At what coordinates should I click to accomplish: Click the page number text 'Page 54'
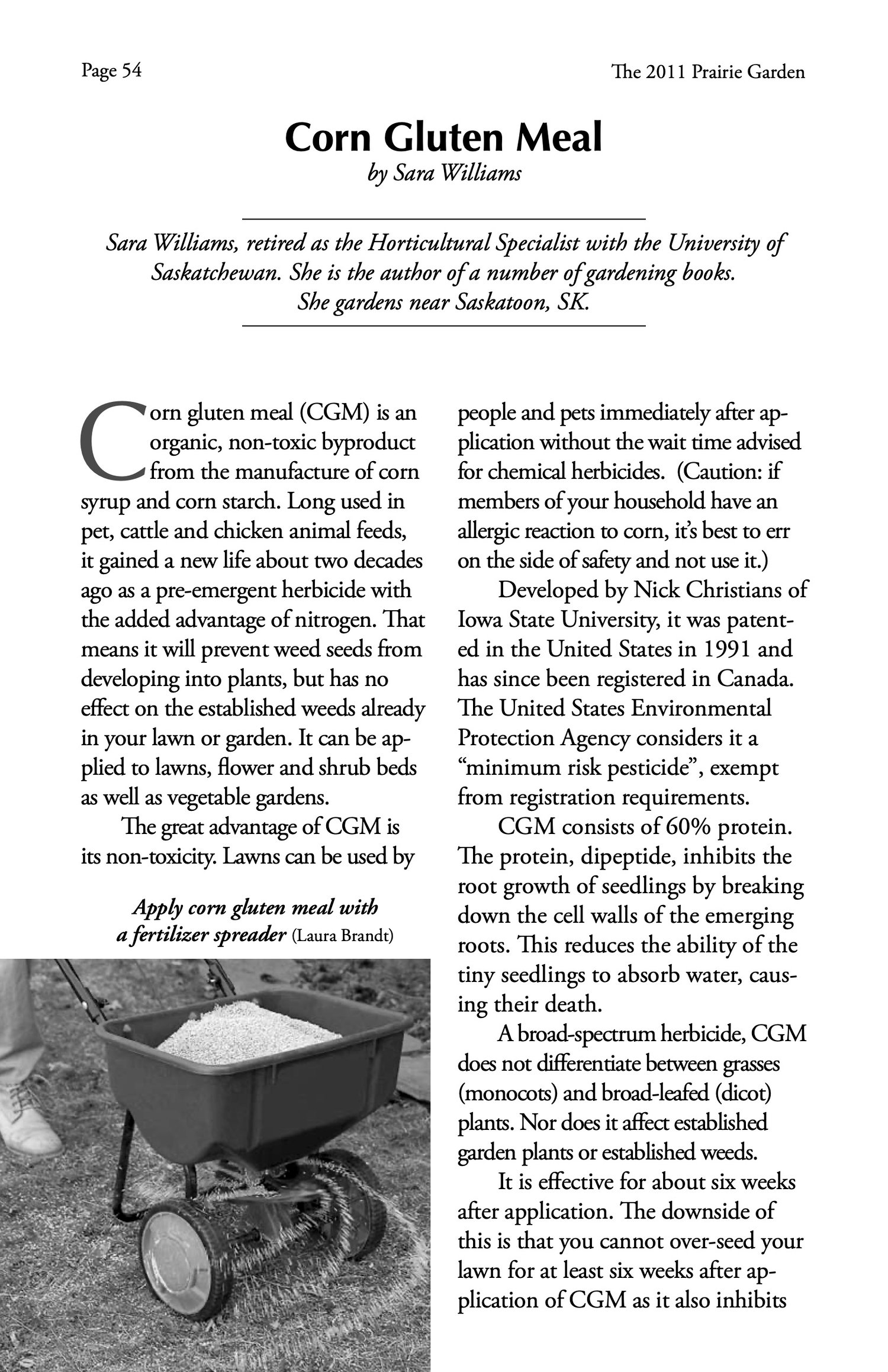111,71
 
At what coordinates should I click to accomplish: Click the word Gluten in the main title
444,137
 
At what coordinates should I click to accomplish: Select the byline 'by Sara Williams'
443,175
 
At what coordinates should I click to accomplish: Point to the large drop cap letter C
112,440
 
